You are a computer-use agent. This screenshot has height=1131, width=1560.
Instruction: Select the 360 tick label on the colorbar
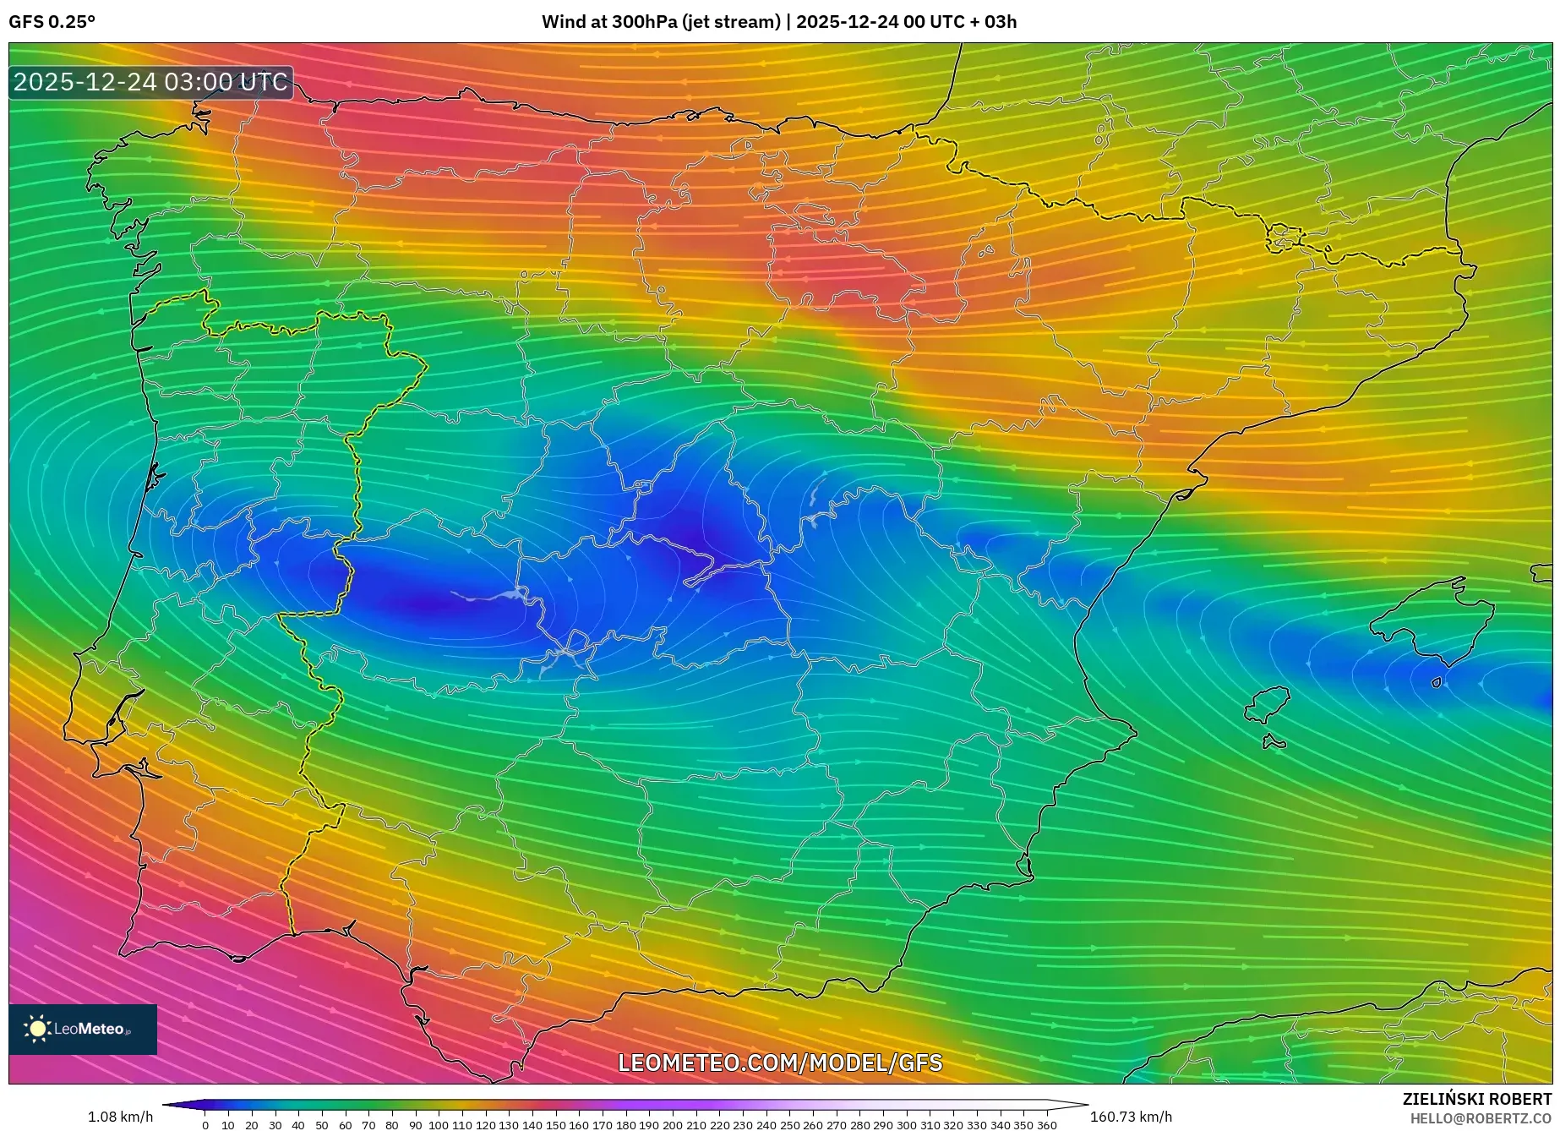pyautogui.click(x=1047, y=1125)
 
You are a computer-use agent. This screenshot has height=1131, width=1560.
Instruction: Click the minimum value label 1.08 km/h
pyautogui.click(x=120, y=1117)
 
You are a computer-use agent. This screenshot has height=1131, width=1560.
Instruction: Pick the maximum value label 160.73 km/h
pyautogui.click(x=1131, y=1117)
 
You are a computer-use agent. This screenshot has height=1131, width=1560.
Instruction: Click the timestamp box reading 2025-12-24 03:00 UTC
pyautogui.click(x=150, y=82)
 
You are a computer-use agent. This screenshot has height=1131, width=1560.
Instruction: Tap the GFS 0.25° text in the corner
pyautogui.click(x=52, y=22)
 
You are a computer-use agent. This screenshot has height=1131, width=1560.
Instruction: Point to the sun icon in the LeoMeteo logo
pyautogui.click(x=37, y=1029)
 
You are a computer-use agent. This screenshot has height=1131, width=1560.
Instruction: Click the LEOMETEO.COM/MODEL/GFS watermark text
pyautogui.click(x=780, y=1063)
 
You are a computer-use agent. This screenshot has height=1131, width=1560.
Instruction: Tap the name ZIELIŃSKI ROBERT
pyautogui.click(x=1477, y=1099)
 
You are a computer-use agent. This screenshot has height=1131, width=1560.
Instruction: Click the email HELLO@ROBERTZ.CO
pyautogui.click(x=1481, y=1118)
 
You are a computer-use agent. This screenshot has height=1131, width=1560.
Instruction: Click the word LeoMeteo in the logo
pyautogui.click(x=88, y=1029)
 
